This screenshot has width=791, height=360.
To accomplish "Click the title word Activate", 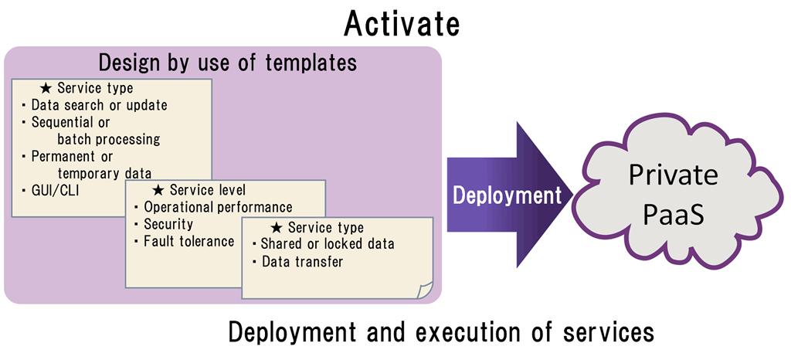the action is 402,24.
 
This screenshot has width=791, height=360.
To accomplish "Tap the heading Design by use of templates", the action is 228,63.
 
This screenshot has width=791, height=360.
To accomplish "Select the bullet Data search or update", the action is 99,105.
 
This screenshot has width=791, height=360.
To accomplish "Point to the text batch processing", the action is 108,138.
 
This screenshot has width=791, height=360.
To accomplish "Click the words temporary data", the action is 104,173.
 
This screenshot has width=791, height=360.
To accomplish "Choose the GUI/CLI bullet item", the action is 55,190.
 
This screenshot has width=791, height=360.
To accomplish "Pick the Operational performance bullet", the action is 218,207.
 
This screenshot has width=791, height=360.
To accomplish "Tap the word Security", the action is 168,224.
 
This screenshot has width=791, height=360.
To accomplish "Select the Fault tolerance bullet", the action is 189,240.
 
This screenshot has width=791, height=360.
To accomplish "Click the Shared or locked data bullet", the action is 328,244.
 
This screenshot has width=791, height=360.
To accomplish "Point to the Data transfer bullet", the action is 302,262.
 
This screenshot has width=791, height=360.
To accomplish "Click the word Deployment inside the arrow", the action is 507,195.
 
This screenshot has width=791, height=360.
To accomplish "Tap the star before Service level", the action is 158,190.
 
